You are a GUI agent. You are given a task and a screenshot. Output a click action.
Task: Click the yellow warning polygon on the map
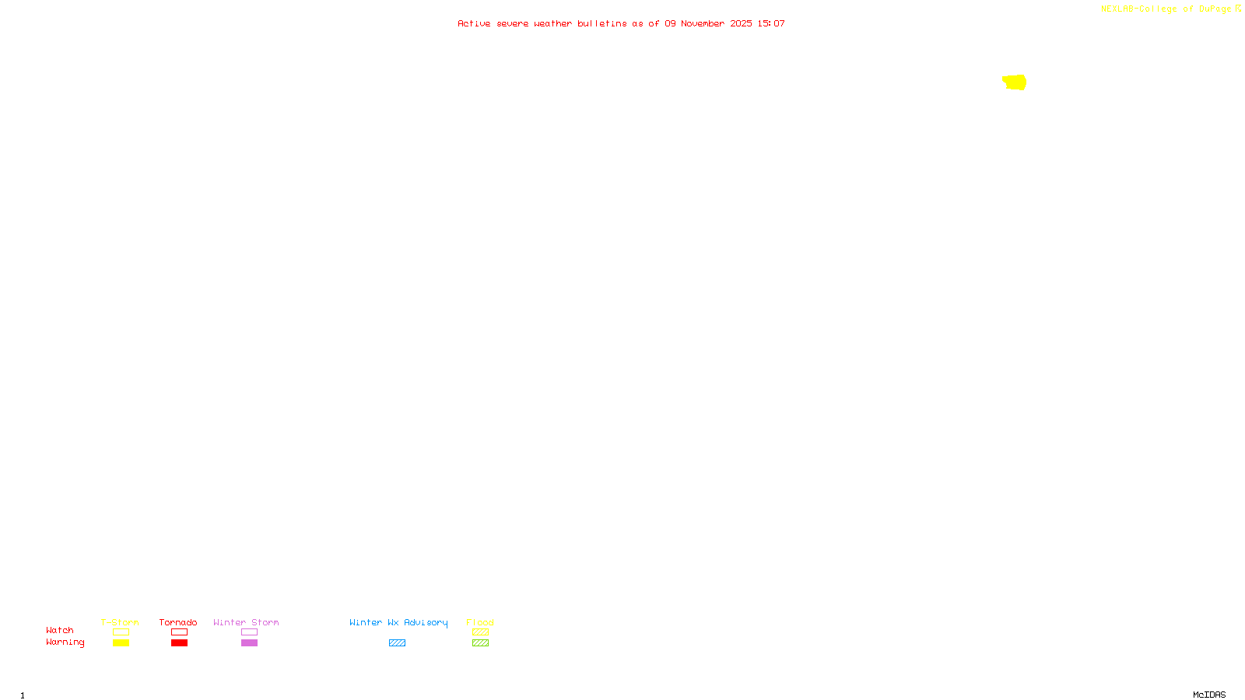click(1015, 82)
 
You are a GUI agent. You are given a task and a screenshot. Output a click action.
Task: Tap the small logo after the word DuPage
click(1238, 9)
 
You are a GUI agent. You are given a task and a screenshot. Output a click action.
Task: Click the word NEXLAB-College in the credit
click(1138, 9)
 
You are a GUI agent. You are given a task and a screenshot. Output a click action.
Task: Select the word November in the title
click(703, 23)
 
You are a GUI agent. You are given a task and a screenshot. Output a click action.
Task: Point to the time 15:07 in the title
click(771, 23)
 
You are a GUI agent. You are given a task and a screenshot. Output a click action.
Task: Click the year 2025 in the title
click(741, 23)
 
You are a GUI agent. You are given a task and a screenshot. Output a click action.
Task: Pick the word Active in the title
click(474, 23)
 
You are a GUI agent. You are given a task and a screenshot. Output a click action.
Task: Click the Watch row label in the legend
click(60, 630)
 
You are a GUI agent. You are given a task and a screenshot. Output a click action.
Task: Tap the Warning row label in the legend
click(65, 642)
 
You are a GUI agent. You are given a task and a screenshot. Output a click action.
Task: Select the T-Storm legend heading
click(120, 622)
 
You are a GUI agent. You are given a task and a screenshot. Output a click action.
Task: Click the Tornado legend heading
click(178, 622)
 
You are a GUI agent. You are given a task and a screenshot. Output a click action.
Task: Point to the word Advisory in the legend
click(426, 622)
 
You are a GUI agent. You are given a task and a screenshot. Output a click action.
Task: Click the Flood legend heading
click(480, 622)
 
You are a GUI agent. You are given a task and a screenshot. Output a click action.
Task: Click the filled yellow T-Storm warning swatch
click(121, 643)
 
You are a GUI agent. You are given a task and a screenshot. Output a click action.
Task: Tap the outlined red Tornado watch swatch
click(179, 632)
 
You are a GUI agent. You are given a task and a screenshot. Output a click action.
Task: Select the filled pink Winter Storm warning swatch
click(249, 643)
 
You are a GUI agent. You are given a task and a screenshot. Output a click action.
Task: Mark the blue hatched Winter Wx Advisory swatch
click(397, 643)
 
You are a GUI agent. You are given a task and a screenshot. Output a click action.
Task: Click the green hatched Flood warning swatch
click(480, 643)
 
